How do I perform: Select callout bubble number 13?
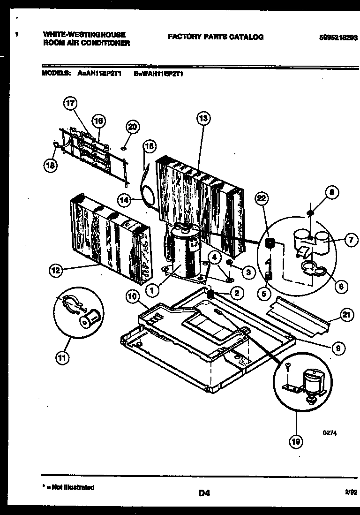click(203, 118)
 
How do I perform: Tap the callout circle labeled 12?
click(56, 270)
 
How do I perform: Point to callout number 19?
click(296, 440)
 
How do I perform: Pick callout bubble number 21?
click(346, 316)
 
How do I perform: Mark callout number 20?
click(133, 127)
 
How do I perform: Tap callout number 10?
click(133, 296)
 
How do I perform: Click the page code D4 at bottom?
click(203, 493)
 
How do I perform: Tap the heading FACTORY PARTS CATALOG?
click(216, 37)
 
